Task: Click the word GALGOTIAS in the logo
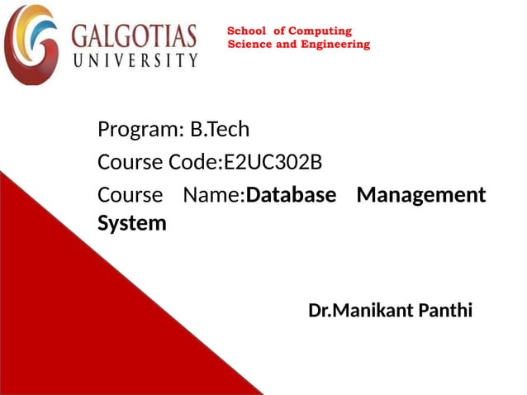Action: (x=135, y=37)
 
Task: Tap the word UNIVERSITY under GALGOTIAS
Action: (x=135, y=60)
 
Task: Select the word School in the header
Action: (x=245, y=31)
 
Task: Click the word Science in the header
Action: (x=249, y=44)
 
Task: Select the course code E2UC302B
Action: (x=273, y=161)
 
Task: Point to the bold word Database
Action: (x=292, y=195)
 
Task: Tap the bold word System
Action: (x=131, y=223)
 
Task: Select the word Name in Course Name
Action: (x=212, y=195)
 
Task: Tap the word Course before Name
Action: (x=131, y=195)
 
